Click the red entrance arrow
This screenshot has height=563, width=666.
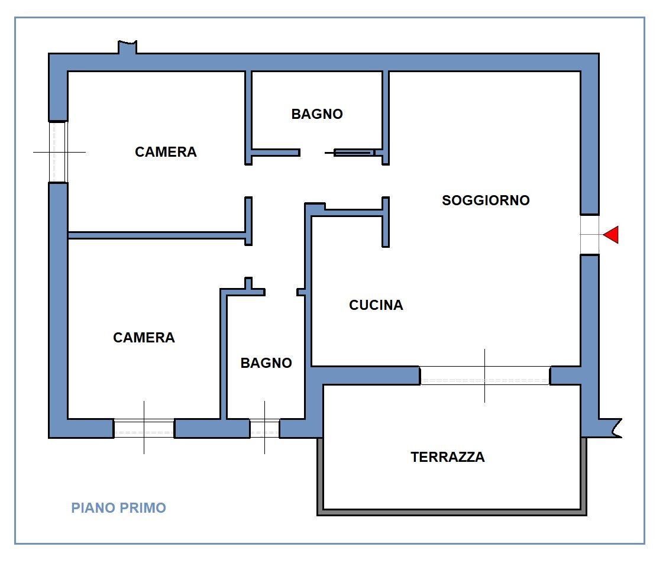pyautogui.click(x=612, y=235)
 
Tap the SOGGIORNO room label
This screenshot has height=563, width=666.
pyautogui.click(x=486, y=200)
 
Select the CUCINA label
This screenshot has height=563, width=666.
pyautogui.click(x=376, y=305)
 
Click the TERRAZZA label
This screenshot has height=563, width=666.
pyautogui.click(x=448, y=457)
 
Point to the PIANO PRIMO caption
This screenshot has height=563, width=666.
pyautogui.click(x=118, y=508)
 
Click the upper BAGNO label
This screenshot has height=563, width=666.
pyautogui.click(x=317, y=114)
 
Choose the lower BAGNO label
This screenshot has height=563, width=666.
pyautogui.click(x=266, y=363)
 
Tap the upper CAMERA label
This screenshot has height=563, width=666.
pyautogui.click(x=166, y=152)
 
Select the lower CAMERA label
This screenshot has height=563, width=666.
pyautogui.click(x=144, y=338)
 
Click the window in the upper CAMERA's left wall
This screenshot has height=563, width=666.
pyautogui.click(x=58, y=152)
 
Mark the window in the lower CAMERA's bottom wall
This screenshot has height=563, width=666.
pyautogui.click(x=144, y=428)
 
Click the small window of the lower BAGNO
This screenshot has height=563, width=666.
pyautogui.click(x=264, y=428)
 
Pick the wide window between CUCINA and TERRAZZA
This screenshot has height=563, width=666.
pyautogui.click(x=485, y=376)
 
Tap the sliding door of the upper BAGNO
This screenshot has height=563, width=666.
pyautogui.click(x=354, y=153)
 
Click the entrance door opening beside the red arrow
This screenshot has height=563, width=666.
pyautogui.click(x=590, y=235)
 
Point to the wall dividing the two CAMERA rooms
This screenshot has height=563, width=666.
pyautogui.click(x=157, y=235)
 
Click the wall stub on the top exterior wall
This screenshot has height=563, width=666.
pyautogui.click(x=128, y=47)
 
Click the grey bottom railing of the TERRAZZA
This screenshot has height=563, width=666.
pyautogui.click(x=452, y=512)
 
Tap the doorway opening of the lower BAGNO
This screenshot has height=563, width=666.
pyautogui.click(x=281, y=292)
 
